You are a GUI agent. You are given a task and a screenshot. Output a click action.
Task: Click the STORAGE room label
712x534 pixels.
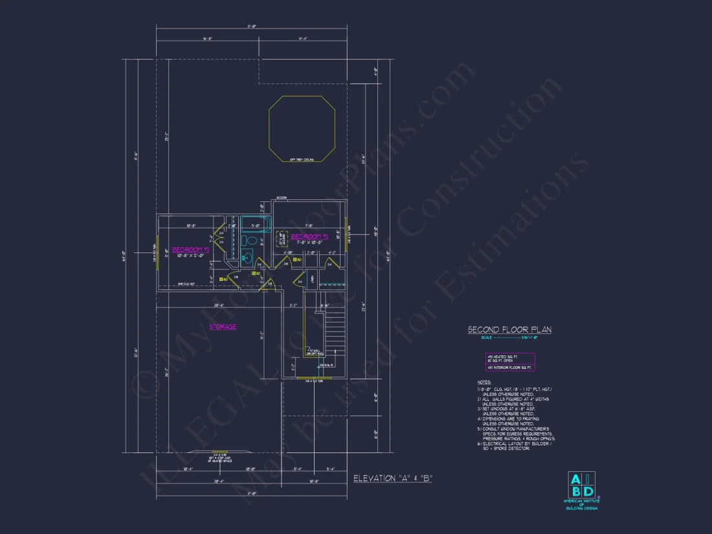pyautogui.click(x=223, y=327)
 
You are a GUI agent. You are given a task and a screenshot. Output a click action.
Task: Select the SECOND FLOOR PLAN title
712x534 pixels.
pyautogui.click(x=509, y=330)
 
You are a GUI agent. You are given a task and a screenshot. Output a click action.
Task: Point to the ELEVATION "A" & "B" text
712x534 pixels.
pyautogui.click(x=392, y=478)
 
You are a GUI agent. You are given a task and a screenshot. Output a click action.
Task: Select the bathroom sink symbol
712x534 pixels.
pyautogui.click(x=247, y=258)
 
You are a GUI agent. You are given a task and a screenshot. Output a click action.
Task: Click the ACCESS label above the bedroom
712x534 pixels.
pyautogui.click(x=282, y=197)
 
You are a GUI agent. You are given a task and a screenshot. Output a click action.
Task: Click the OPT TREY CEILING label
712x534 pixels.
pyautogui.click(x=302, y=160)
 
